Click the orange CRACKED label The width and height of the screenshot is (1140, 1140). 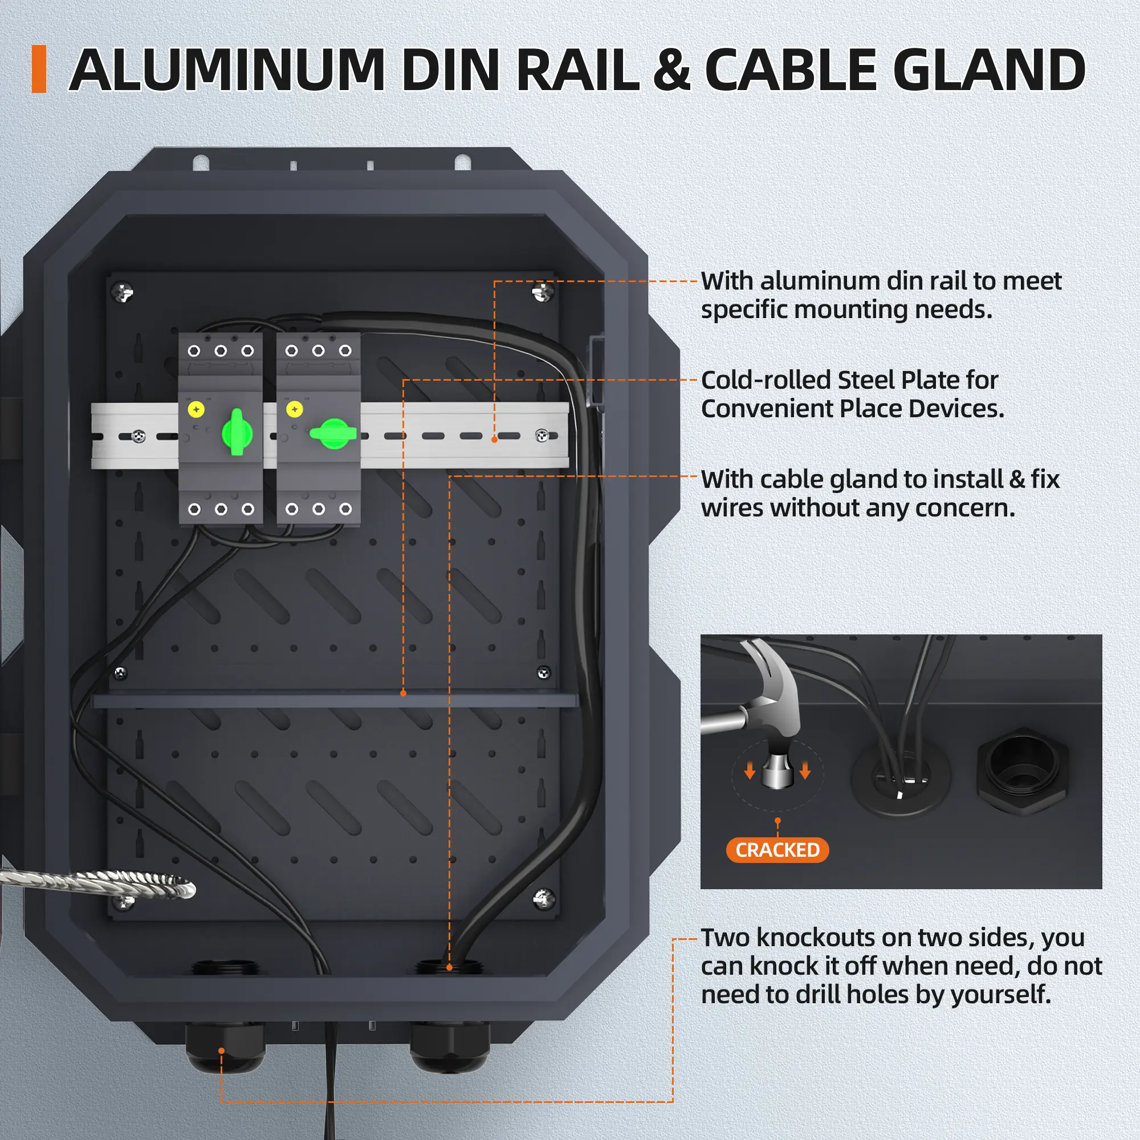pos(777,850)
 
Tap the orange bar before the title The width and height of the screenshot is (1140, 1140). pos(39,69)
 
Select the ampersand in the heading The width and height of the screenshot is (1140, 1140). pos(671,71)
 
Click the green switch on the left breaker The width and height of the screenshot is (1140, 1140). pos(237,433)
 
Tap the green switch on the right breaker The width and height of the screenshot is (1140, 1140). pos(333,434)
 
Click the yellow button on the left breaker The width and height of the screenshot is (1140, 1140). pos(196,409)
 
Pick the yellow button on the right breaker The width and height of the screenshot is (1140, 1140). pos(295,409)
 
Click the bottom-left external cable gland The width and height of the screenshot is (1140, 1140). pos(225,1049)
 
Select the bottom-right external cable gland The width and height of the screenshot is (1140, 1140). pos(450,1049)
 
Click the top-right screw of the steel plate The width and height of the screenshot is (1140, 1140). pos(542,291)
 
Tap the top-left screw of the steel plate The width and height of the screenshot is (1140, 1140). pos(123,291)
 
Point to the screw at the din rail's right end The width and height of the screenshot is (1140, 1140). pos(541,435)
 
